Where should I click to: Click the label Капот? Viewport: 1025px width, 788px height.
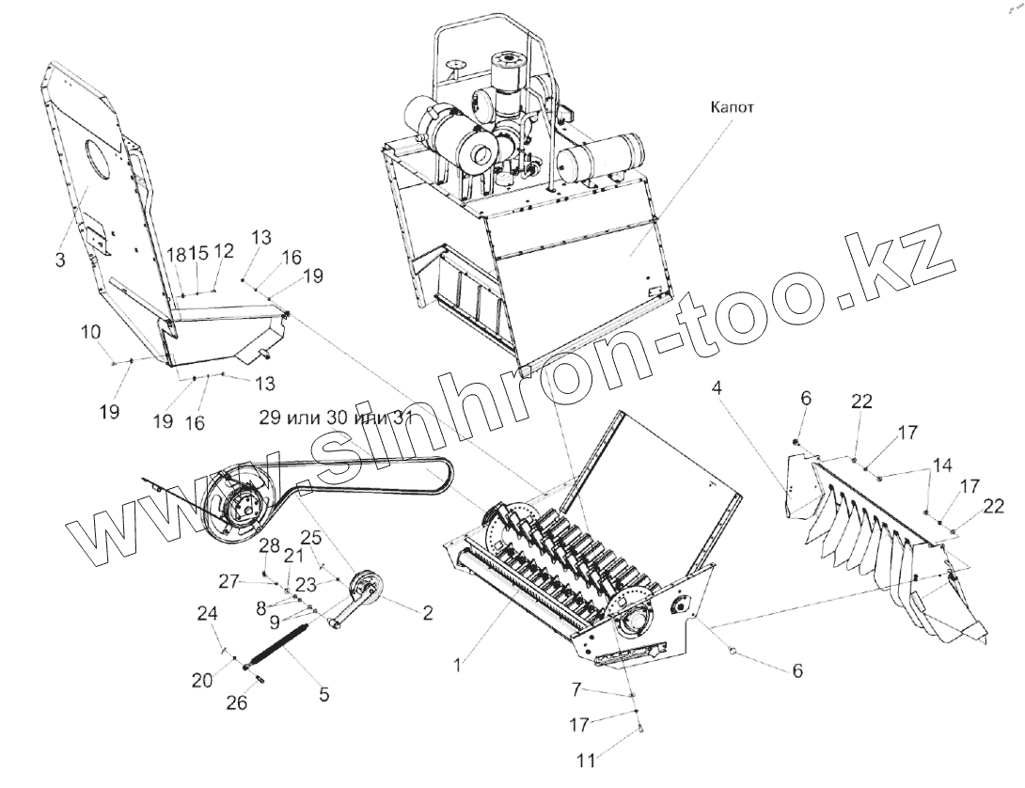coord(733,107)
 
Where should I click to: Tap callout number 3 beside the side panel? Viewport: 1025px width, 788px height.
coord(59,260)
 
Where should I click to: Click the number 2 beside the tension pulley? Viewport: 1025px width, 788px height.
coord(427,614)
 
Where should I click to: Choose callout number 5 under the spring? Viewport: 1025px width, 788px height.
coord(323,695)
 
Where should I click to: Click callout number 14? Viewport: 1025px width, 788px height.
coord(941,465)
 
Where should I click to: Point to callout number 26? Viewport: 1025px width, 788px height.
coord(238,701)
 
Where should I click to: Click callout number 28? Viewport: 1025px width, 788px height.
coord(270,547)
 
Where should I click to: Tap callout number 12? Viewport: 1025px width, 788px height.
coord(223,251)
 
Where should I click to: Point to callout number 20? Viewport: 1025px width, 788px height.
coord(203,680)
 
